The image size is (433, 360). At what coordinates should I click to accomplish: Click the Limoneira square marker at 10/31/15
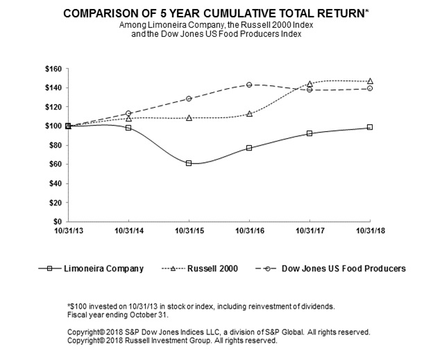click(x=189, y=163)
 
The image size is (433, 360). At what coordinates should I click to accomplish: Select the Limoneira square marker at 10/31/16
click(x=249, y=148)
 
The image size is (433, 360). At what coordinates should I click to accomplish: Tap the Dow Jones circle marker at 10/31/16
click(x=249, y=85)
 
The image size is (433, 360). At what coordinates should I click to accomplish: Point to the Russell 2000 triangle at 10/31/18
click(x=370, y=81)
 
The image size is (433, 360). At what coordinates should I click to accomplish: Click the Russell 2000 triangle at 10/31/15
click(x=189, y=118)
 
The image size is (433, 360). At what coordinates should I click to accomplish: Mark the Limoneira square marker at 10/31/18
click(x=370, y=127)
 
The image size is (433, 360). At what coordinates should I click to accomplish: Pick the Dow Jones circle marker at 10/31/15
click(x=189, y=98)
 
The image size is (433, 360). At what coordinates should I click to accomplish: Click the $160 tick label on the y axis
click(x=53, y=69)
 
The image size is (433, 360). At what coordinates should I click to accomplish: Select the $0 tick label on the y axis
click(x=57, y=221)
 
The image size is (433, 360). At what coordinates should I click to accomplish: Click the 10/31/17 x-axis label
click(x=309, y=230)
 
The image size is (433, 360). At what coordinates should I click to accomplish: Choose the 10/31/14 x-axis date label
click(x=128, y=230)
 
